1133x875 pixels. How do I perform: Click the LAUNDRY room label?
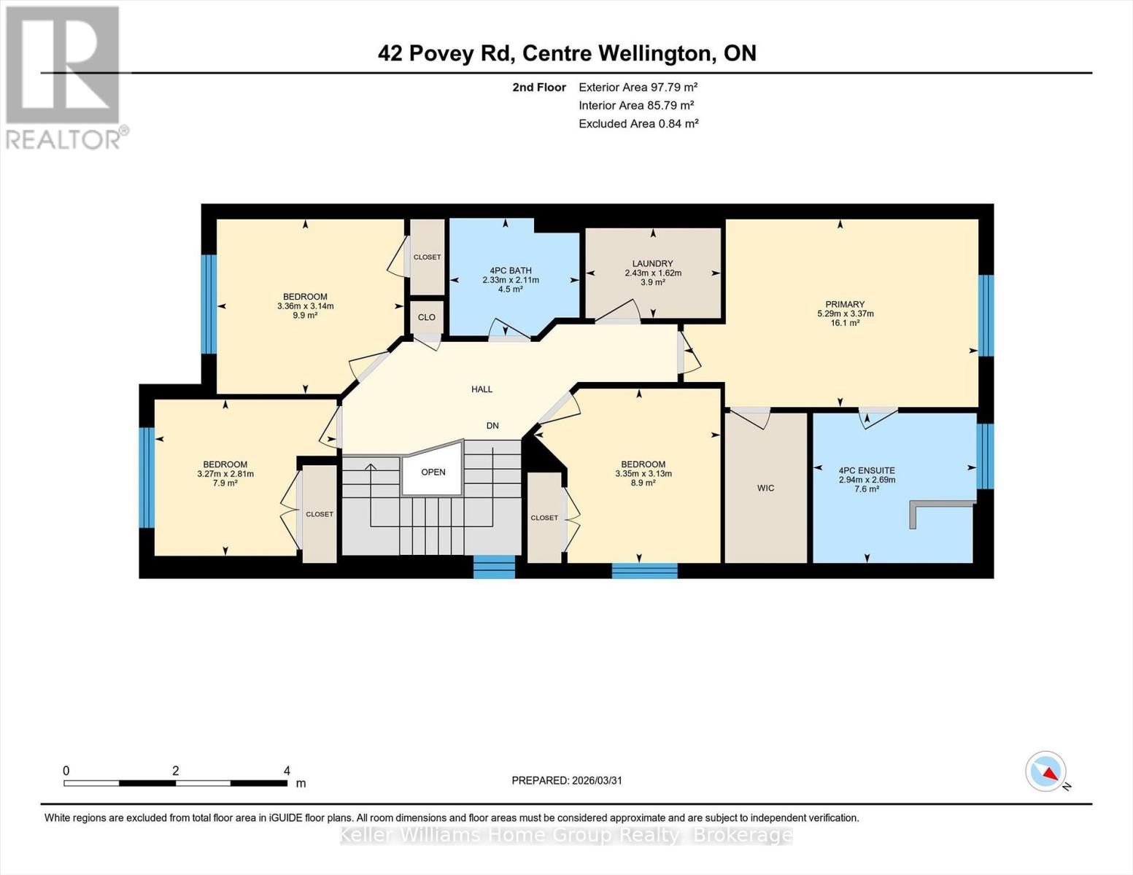(x=652, y=263)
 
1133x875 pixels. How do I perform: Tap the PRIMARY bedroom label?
(x=845, y=304)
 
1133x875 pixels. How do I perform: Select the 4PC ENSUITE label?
(x=867, y=470)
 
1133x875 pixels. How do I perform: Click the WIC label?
(x=765, y=488)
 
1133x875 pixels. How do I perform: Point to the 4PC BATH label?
(x=510, y=271)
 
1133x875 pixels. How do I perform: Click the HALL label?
(x=482, y=389)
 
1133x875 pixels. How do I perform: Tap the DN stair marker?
(x=492, y=425)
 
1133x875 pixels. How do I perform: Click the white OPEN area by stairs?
(x=433, y=472)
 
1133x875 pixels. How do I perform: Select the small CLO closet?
(x=427, y=317)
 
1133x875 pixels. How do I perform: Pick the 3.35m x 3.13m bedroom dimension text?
(x=643, y=474)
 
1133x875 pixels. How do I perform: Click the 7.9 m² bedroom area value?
(x=225, y=483)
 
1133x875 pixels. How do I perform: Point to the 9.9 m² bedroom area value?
(x=305, y=316)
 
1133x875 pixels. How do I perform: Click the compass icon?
(x=1046, y=771)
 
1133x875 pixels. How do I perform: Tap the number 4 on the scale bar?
(x=287, y=771)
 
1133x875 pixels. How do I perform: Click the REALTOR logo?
(x=64, y=77)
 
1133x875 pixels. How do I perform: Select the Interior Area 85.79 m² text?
(x=635, y=105)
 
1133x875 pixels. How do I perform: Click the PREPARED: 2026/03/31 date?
(x=566, y=780)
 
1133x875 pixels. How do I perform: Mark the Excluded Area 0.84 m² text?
(x=638, y=123)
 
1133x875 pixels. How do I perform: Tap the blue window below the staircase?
(x=494, y=567)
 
